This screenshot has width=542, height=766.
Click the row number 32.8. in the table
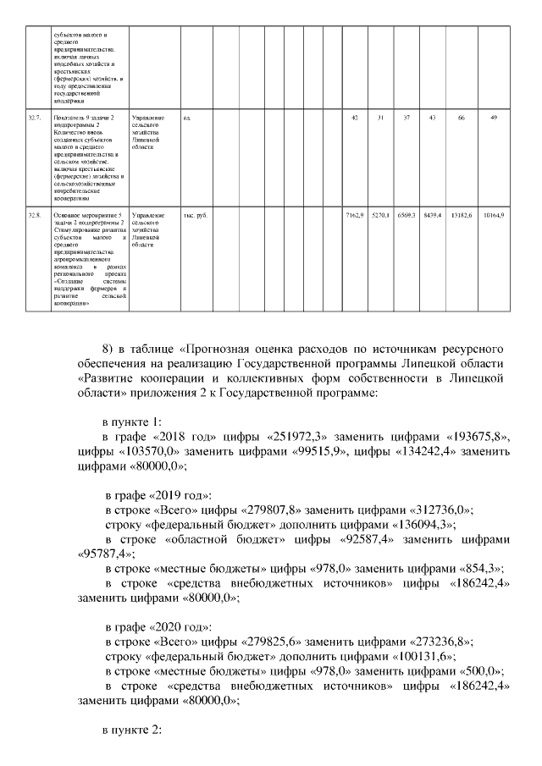35,216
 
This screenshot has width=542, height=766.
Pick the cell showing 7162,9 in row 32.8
354,216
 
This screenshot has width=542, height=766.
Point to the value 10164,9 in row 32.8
494,216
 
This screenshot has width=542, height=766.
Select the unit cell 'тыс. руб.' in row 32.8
196,216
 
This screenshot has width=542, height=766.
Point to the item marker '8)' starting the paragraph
108,349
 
